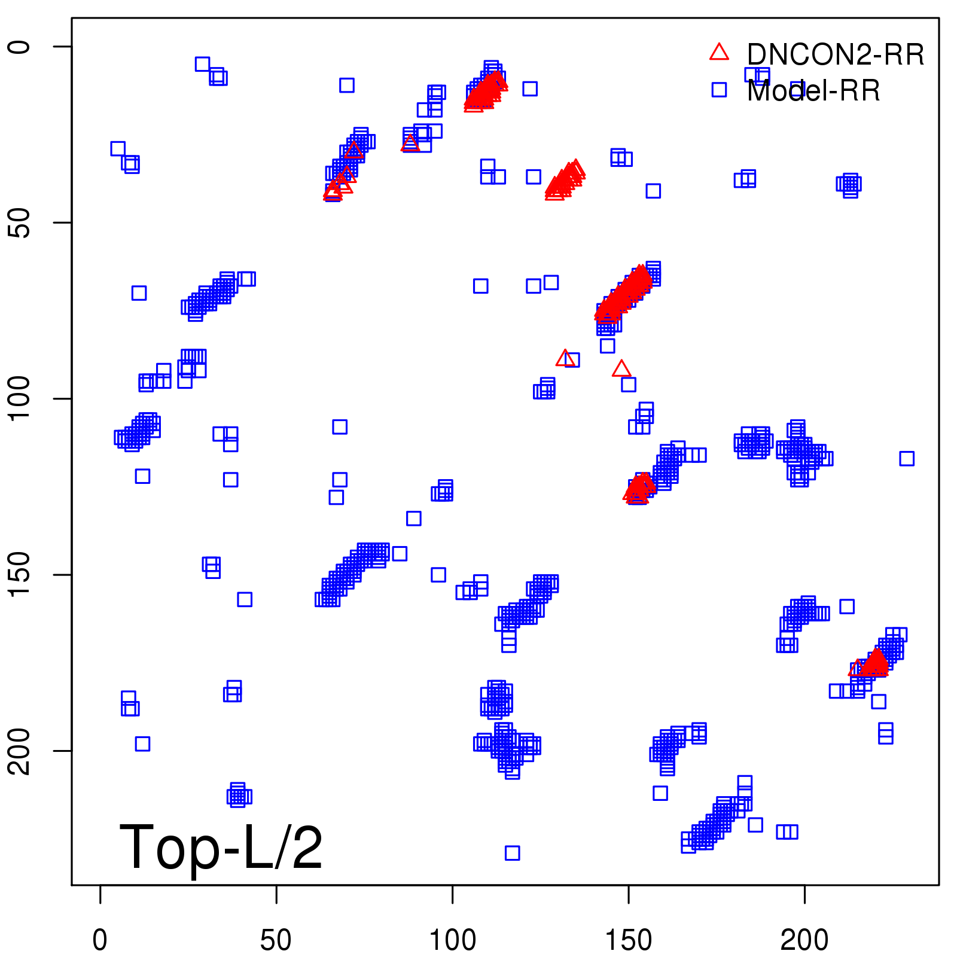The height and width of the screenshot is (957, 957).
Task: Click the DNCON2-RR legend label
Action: (x=835, y=55)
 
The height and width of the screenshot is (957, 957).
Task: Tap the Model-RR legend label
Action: (x=813, y=91)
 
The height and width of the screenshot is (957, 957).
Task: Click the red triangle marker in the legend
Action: (x=719, y=53)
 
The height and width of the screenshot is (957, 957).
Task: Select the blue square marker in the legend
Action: (x=719, y=90)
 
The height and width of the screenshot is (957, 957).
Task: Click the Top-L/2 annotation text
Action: (x=221, y=847)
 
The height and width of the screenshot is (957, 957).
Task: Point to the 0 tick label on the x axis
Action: (x=100, y=940)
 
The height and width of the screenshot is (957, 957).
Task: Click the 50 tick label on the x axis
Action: (x=276, y=940)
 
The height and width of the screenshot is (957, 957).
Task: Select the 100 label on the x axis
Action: (x=452, y=940)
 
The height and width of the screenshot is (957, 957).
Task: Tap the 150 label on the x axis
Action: (x=628, y=940)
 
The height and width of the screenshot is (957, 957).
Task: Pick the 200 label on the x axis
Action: (x=804, y=940)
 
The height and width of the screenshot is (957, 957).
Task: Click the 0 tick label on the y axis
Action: (x=20, y=47)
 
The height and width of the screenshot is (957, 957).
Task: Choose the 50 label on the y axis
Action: (x=20, y=223)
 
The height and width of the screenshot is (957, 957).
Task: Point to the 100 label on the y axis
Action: (x=20, y=398)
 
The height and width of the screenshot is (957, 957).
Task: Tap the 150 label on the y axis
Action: (x=20, y=574)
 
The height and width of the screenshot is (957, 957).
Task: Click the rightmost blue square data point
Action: (x=907, y=459)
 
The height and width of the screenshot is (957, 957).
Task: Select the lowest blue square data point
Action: (x=512, y=853)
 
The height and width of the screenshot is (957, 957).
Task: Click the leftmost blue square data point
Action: (x=118, y=149)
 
